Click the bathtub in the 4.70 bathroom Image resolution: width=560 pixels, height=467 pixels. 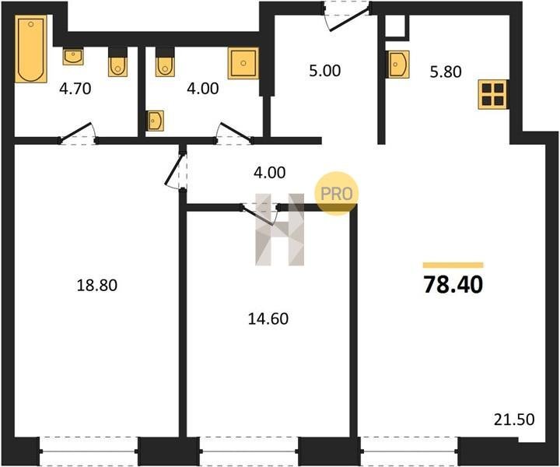31,48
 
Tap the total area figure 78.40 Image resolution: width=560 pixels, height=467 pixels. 453,285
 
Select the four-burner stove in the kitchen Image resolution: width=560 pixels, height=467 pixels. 493,94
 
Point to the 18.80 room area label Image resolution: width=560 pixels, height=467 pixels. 97,286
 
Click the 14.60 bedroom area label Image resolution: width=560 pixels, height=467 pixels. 268,318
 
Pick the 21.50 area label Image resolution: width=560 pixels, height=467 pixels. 514,420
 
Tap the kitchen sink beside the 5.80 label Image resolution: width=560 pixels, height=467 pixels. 398,65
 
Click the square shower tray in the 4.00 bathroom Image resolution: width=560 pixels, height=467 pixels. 243,63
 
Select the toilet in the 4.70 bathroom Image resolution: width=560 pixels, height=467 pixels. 117,62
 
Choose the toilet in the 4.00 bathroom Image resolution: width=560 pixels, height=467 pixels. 165,62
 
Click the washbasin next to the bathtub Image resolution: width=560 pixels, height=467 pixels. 73,56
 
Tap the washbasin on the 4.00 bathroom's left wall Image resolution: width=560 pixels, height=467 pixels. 155,121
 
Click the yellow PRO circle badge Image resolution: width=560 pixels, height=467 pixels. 336,193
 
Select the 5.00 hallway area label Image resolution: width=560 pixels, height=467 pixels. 324,71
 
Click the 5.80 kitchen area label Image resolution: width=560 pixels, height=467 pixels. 446,72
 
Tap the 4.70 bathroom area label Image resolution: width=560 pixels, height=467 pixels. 75,89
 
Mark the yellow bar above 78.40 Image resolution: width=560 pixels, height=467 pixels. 453,265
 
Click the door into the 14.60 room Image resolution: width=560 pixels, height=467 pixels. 260,214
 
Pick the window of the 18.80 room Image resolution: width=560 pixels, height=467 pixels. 88,451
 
